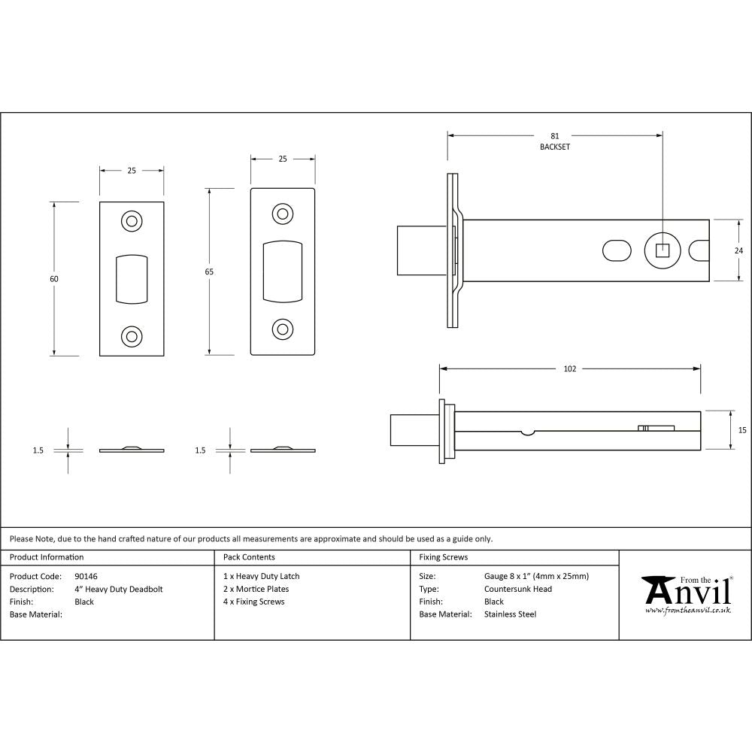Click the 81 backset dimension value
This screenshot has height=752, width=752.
[555, 136]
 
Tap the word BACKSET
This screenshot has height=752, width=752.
[555, 147]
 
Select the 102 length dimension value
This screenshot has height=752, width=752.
[569, 368]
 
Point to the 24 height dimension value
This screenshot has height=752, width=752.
[738, 250]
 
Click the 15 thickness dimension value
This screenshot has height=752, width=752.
[741, 430]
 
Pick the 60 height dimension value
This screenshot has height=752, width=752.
[54, 279]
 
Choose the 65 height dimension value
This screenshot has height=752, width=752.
[209, 271]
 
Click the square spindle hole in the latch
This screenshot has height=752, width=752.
[662, 250]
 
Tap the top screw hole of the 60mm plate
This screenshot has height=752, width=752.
[132, 221]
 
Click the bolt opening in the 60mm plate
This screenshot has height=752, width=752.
[132, 279]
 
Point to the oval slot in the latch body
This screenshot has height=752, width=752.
[617, 250]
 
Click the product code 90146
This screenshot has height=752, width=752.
[86, 577]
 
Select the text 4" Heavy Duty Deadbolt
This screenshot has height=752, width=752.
[119, 590]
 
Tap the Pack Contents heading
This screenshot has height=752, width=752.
[249, 557]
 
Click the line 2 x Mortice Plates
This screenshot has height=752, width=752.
[256, 590]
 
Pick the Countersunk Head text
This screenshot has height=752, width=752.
[518, 590]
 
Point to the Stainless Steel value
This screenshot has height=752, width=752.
[510, 614]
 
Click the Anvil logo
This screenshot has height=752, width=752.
[686, 594]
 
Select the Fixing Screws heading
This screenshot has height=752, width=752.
[444, 557]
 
